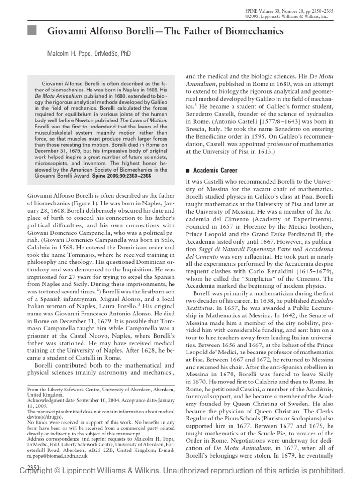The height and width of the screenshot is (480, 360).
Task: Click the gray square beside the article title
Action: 32,32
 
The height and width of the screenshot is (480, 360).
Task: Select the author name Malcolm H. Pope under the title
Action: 73,54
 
